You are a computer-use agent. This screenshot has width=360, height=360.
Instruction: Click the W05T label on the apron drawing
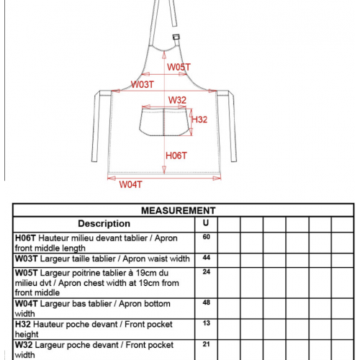click(179, 67)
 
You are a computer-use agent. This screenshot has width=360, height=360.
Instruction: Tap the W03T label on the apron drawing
click(142, 84)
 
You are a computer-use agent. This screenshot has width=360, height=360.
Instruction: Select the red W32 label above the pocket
click(177, 100)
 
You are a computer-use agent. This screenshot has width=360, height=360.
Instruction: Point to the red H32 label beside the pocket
click(199, 120)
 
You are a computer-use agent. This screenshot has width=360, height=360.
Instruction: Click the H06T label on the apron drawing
click(176, 156)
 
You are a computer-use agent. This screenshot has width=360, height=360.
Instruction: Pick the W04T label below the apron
click(131, 184)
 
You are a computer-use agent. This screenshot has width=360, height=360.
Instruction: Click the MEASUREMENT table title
click(179, 210)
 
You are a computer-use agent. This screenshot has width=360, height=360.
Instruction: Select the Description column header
click(104, 224)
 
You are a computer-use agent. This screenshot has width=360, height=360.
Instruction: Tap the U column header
click(206, 223)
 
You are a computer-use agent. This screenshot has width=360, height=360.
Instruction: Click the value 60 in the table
click(207, 237)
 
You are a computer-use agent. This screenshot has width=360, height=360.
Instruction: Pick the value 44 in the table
click(207, 258)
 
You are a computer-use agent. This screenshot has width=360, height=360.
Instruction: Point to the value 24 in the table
click(207, 271)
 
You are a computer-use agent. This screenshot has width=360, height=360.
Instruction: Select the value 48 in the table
click(207, 302)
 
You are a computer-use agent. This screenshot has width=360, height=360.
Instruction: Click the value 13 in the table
click(207, 323)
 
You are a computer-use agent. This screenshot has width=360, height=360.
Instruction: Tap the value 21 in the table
click(207, 344)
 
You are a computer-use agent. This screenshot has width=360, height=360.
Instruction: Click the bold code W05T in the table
click(27, 273)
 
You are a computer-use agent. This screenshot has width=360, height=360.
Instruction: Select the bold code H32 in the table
click(23, 324)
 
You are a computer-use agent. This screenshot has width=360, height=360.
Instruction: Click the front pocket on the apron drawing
click(164, 122)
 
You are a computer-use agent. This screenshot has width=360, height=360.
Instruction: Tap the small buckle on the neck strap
click(176, 37)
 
